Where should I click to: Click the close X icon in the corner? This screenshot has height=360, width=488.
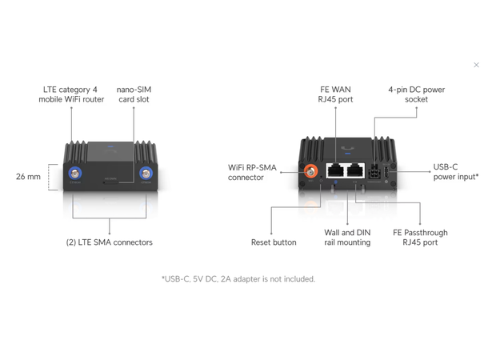[x=477, y=66]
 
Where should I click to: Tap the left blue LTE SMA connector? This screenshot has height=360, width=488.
[x=74, y=174]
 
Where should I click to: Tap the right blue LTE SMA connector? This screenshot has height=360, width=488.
[x=146, y=174]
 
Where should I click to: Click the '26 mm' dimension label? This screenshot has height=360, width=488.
[x=28, y=177]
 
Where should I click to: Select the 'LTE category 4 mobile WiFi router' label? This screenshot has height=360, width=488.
[x=73, y=94]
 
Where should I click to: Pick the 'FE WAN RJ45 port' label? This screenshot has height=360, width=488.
[x=335, y=94]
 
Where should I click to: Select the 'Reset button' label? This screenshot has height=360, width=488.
[x=274, y=242]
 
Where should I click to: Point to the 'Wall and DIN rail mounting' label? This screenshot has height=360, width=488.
[x=347, y=238]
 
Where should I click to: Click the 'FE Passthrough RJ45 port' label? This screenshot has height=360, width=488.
[x=420, y=238]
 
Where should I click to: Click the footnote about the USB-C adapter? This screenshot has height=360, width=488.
[x=238, y=279]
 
